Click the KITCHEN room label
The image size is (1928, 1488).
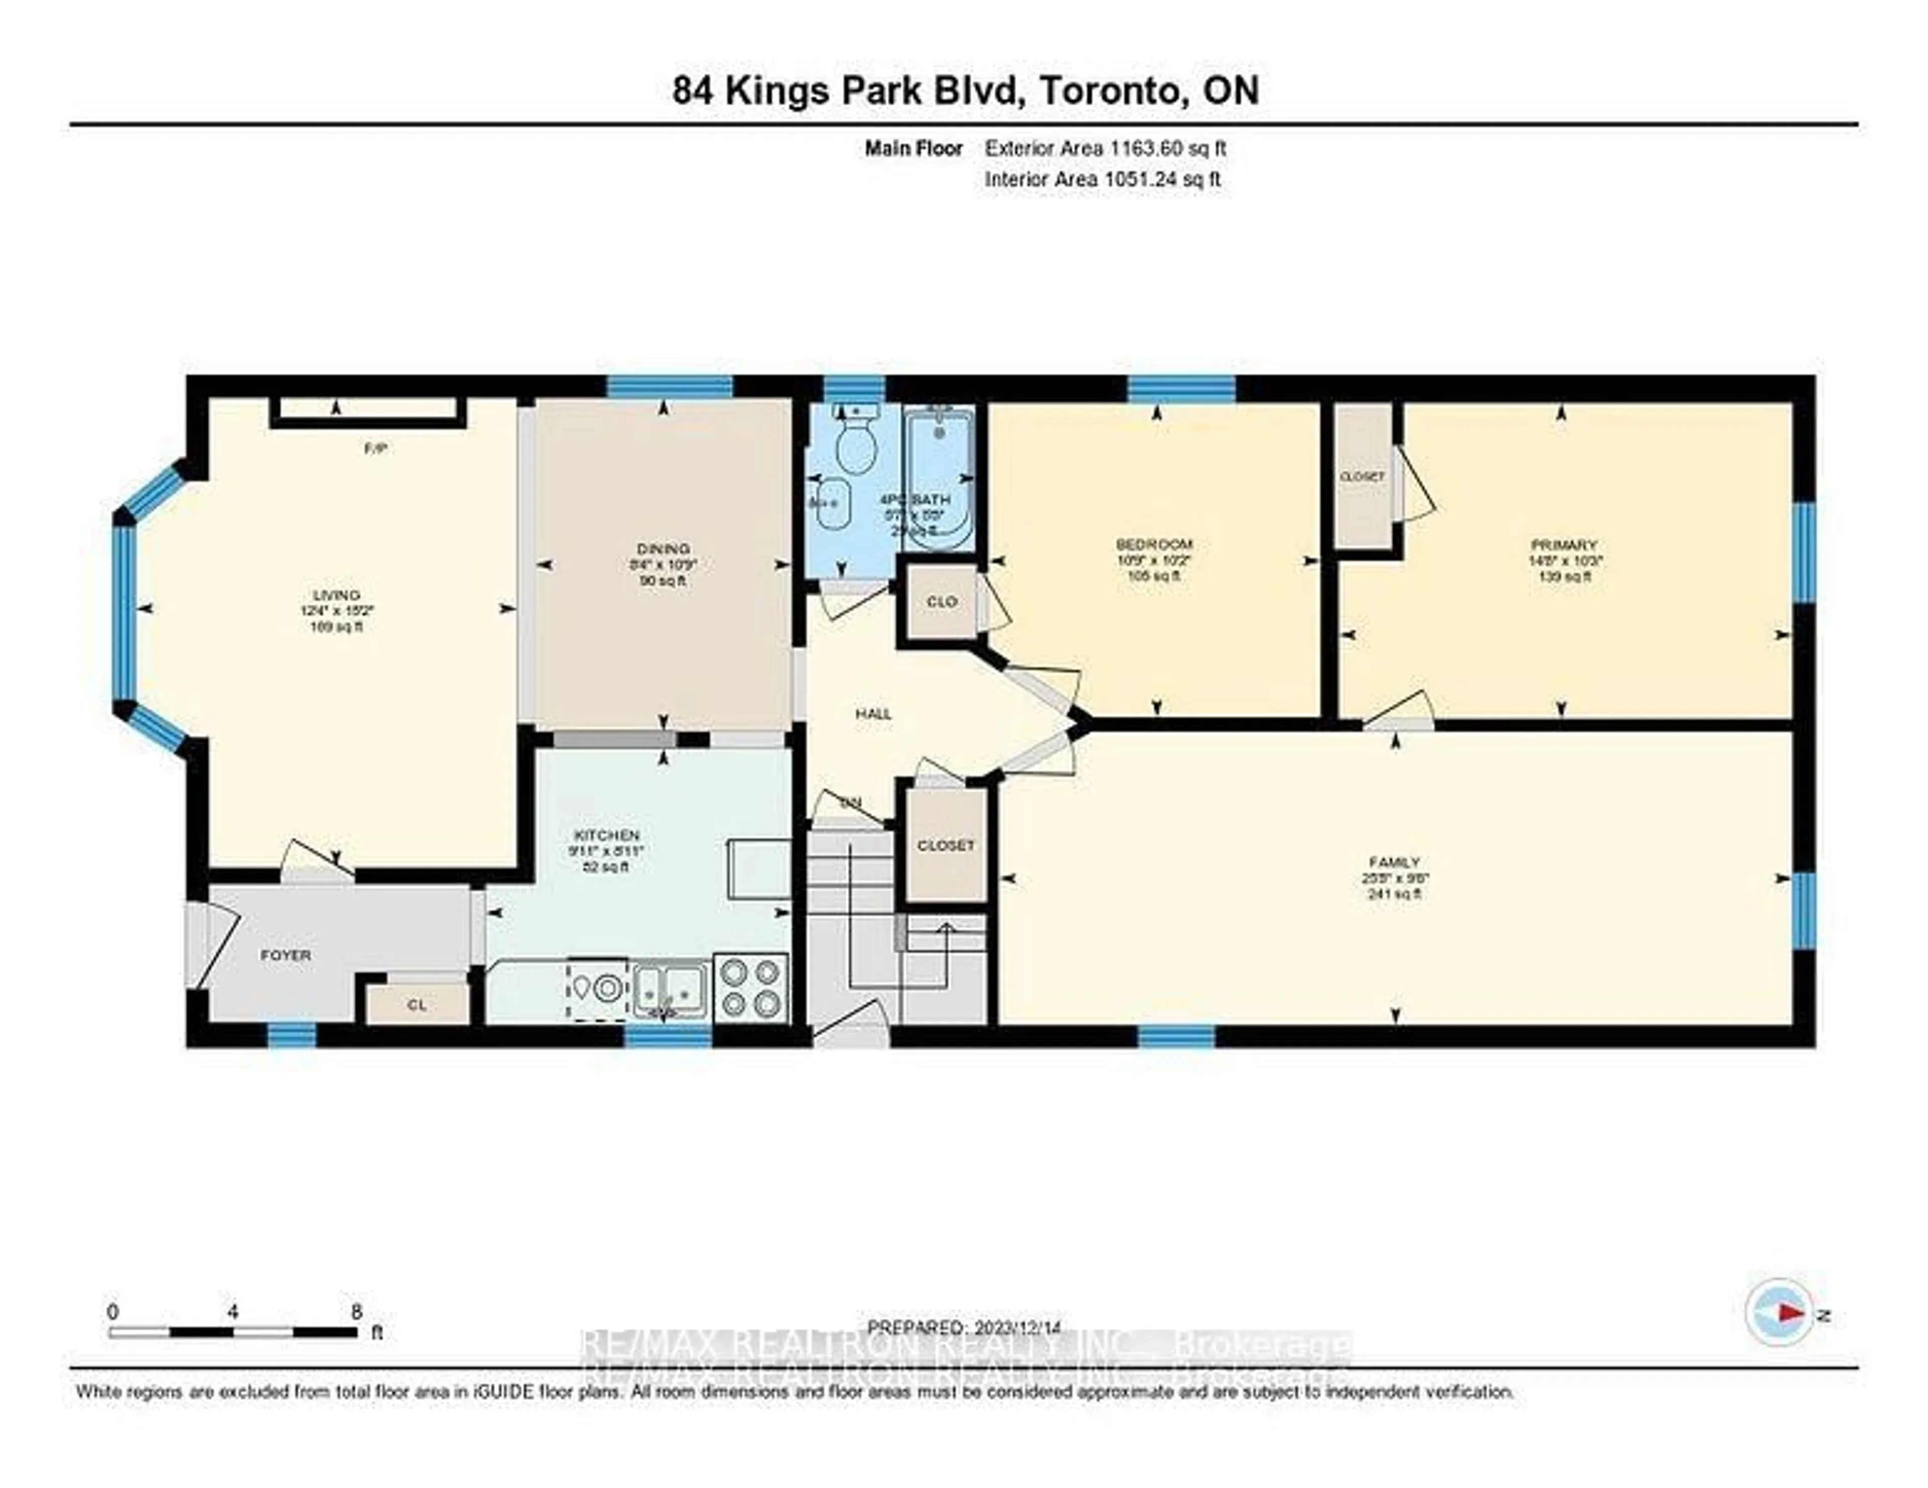point(607,835)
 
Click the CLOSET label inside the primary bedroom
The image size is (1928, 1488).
point(1362,477)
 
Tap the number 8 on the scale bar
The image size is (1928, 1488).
point(356,1311)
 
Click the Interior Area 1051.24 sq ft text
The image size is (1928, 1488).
point(1103,179)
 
